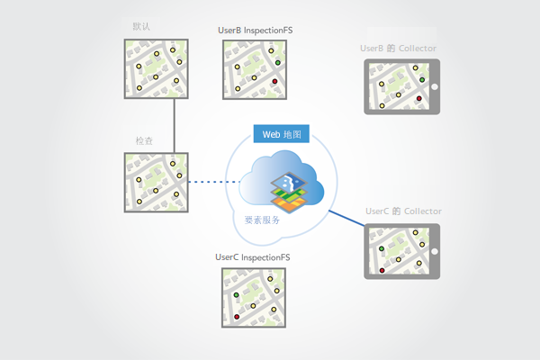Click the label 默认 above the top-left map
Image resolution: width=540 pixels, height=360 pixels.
pyautogui.click(x=140, y=25)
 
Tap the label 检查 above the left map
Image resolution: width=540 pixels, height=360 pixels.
pyautogui.click(x=143, y=141)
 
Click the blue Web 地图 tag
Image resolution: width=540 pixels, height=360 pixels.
pyautogui.click(x=283, y=134)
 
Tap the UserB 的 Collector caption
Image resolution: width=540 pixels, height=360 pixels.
pyautogui.click(x=399, y=47)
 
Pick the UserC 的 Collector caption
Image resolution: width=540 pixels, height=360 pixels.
pyautogui.click(x=403, y=211)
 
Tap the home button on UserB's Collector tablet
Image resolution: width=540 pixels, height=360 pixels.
pyautogui.click(x=434, y=86)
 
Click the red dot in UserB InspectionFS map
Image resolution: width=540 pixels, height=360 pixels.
pyautogui.click(x=274, y=81)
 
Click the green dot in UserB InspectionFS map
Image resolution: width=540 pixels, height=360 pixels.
pyautogui.click(x=278, y=62)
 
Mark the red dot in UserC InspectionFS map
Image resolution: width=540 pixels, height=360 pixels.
pyautogui.click(x=237, y=317)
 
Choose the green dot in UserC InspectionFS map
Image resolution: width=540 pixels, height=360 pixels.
pyautogui.click(x=237, y=294)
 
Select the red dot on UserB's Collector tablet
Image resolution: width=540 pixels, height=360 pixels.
pyautogui.click(x=419, y=97)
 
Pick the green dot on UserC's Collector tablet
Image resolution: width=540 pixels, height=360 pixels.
pyautogui.click(x=382, y=247)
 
